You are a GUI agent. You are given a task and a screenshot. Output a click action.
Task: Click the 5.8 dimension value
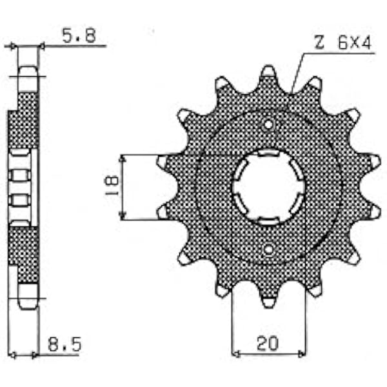79,35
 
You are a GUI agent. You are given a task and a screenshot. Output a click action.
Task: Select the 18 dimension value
112,185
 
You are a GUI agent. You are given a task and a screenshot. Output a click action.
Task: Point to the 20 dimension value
267,343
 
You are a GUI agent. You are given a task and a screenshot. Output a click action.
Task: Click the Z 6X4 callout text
343,42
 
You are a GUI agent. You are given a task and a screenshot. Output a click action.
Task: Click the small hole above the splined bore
268,125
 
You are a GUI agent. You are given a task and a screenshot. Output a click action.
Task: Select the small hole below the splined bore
269,250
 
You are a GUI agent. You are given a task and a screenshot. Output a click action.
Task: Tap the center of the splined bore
268,187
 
